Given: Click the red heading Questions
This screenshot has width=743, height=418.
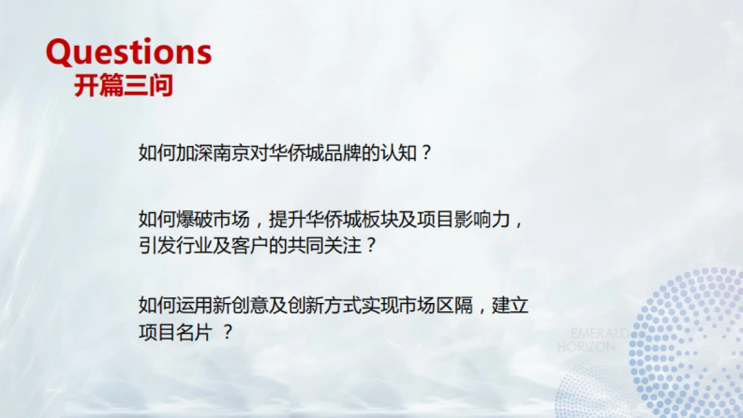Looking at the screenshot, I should tap(129, 53).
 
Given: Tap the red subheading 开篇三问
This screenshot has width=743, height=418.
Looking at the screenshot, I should tap(123, 86).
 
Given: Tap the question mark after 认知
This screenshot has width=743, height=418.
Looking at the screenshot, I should tap(425, 152).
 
